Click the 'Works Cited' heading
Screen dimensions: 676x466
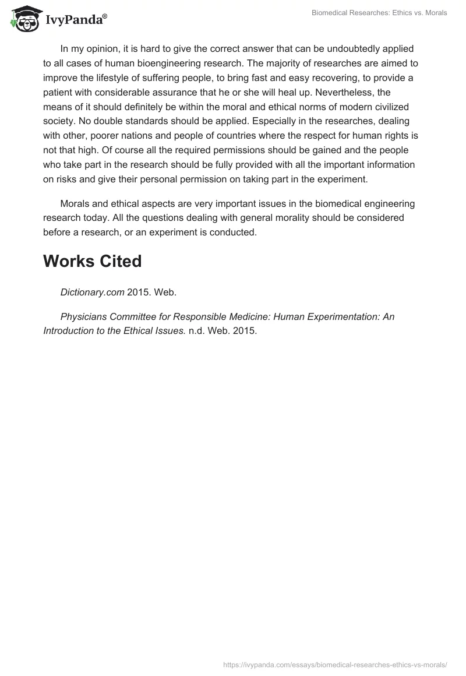click(92, 262)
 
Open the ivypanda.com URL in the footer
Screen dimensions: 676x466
click(335, 664)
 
